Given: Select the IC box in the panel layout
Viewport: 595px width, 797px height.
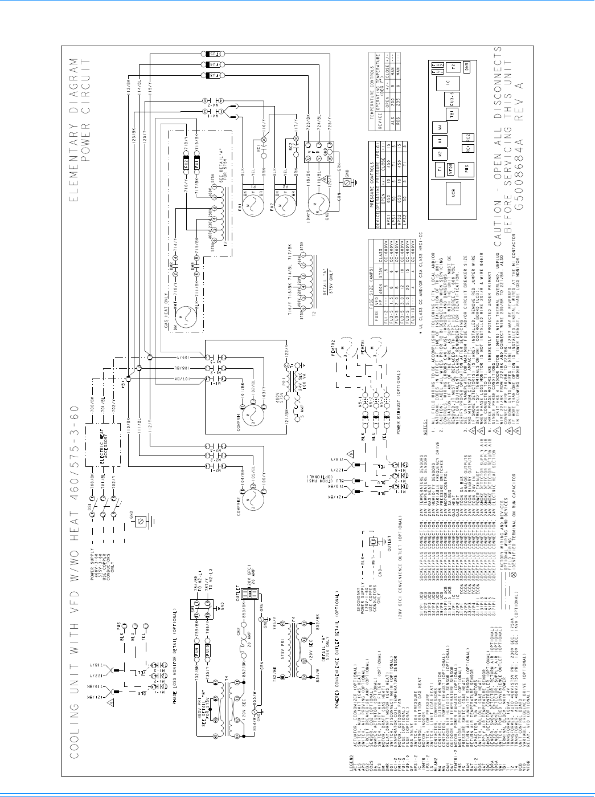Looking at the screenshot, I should click(448, 83).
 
